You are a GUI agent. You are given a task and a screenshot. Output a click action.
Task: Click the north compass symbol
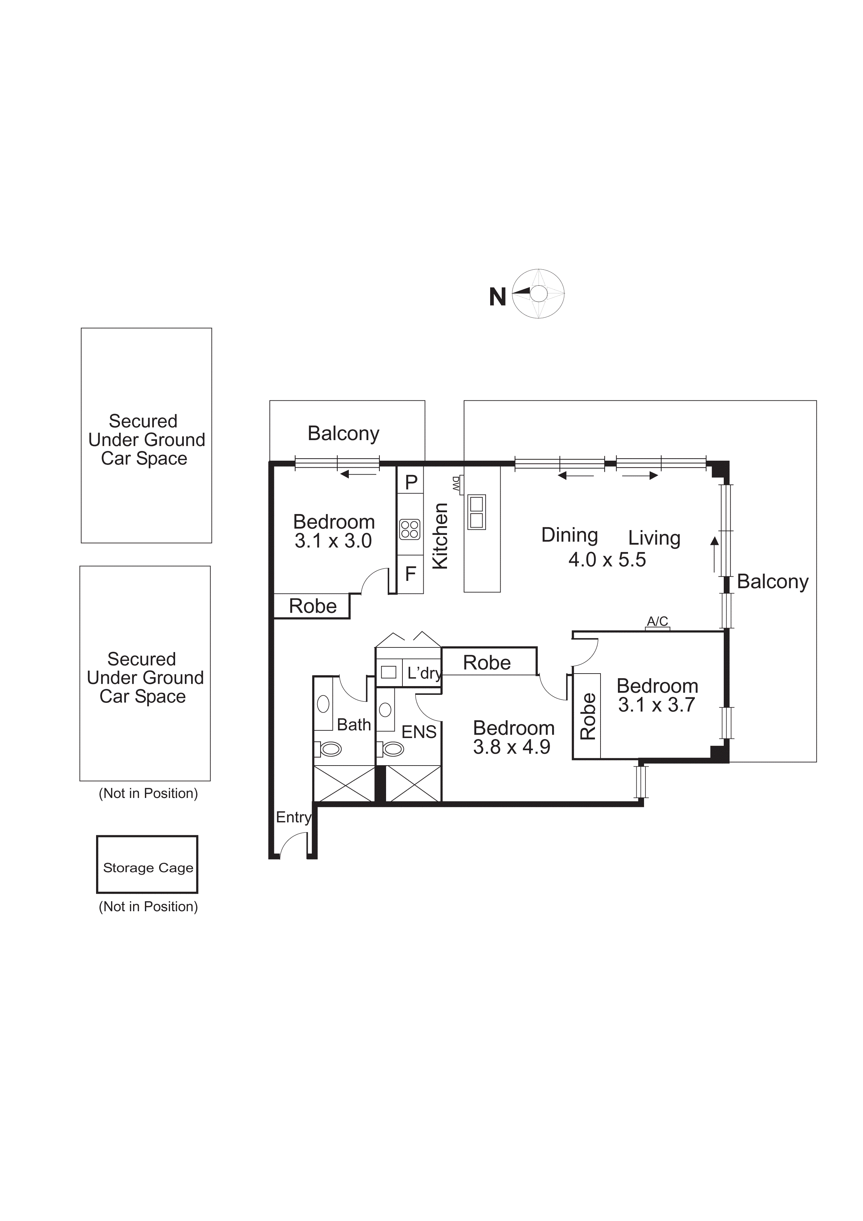click(x=538, y=294)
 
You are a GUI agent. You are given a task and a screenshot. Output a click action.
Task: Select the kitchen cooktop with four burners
click(x=410, y=530)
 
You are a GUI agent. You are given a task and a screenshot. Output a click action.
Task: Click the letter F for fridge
click(x=410, y=574)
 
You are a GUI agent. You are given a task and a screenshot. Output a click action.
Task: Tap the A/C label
click(x=657, y=621)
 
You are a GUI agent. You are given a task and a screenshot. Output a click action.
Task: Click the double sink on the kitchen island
click(x=476, y=512)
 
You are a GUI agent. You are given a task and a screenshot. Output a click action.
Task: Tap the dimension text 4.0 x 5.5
click(x=607, y=560)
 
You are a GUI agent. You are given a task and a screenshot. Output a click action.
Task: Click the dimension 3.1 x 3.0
click(x=333, y=542)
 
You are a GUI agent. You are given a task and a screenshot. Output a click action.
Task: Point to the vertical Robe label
click(x=588, y=716)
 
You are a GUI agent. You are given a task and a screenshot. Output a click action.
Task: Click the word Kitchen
click(x=440, y=536)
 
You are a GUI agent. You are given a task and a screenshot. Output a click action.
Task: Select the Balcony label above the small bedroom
click(x=343, y=433)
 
